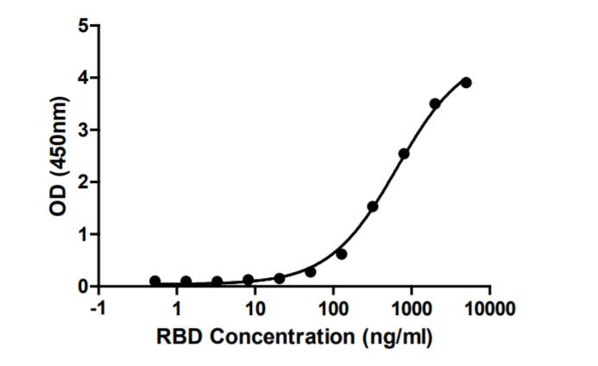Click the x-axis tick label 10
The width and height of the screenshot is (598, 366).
[255, 307]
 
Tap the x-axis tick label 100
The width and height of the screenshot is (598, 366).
[333, 307]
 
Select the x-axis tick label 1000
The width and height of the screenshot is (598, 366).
[411, 307]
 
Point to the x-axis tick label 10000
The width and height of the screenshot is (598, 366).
[488, 307]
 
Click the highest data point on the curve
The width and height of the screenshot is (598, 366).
[466, 82]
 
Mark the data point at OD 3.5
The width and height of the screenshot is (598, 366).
[435, 104]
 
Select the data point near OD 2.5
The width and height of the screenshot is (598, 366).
[404, 154]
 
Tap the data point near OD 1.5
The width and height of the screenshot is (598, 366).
[373, 206]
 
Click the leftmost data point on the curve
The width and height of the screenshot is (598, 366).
[154, 281]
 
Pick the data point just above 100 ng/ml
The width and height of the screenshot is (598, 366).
[342, 254]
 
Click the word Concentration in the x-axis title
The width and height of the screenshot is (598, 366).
[295, 336]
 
